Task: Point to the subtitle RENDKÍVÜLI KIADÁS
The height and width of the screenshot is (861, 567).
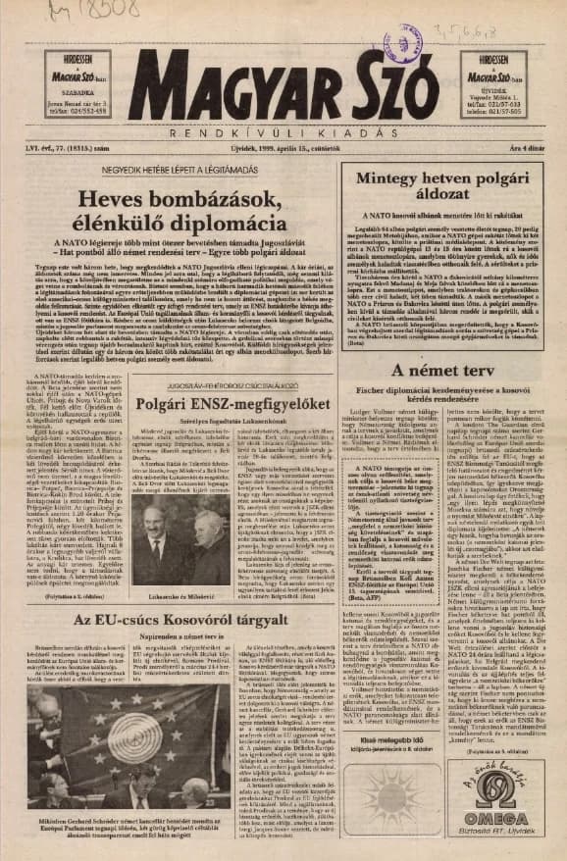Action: pyautogui.click(x=285, y=130)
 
